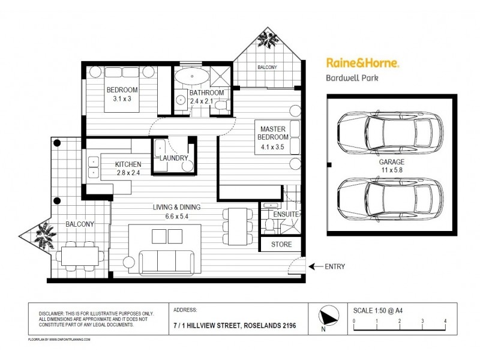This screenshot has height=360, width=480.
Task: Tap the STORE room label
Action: click(281, 244)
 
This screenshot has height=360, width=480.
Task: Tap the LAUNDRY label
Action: click(174, 158)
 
